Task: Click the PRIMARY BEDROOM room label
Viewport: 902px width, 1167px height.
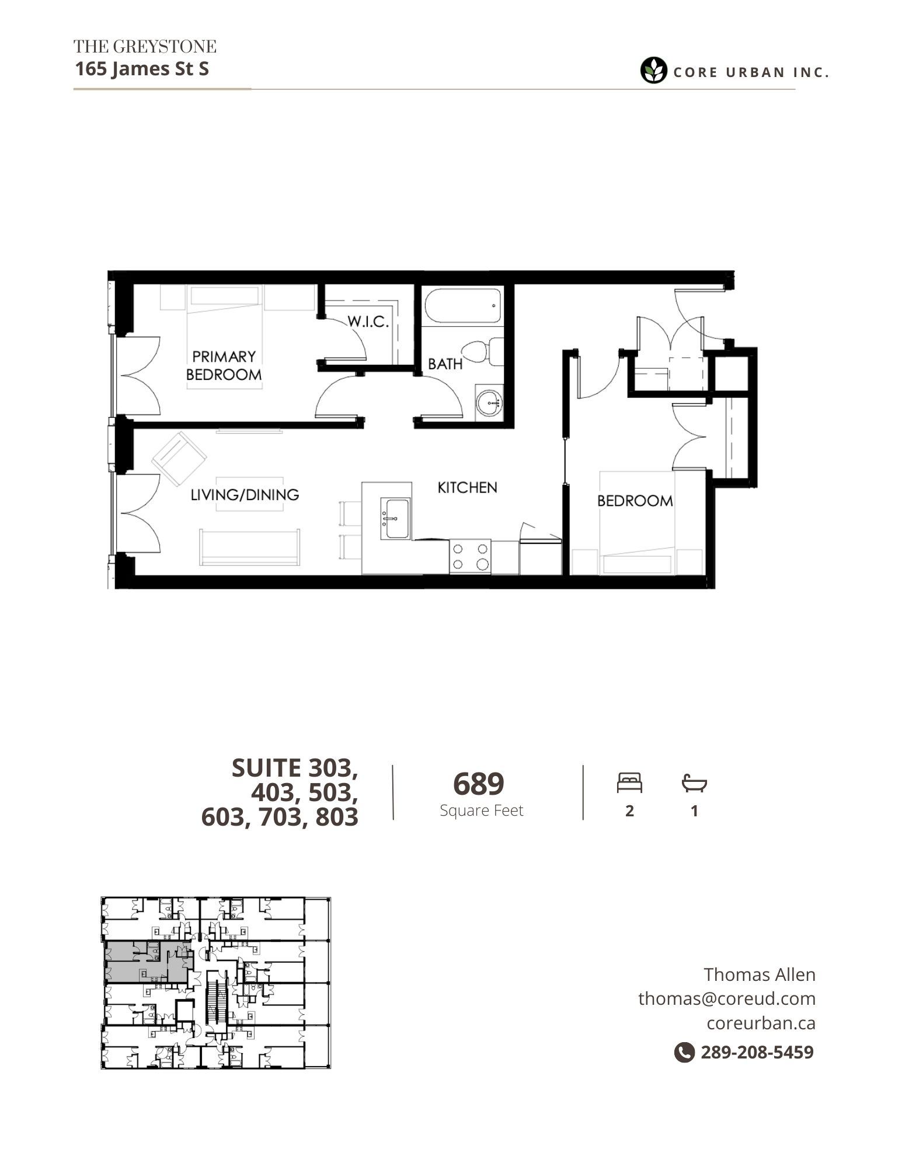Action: [x=224, y=365]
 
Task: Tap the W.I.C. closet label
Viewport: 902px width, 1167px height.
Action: [x=368, y=322]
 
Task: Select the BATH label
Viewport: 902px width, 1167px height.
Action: [x=445, y=364]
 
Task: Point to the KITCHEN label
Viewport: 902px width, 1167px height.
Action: [x=467, y=487]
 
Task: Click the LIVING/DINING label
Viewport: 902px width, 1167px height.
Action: [x=245, y=495]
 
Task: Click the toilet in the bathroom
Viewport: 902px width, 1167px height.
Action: [x=482, y=352]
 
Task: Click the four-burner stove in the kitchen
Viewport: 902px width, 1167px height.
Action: [x=470, y=557]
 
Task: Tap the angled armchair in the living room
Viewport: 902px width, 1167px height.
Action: [x=179, y=459]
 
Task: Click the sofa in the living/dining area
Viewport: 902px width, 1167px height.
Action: [x=250, y=547]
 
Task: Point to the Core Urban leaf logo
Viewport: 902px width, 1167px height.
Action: [x=653, y=71]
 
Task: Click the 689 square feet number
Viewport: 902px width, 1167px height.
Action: [x=478, y=784]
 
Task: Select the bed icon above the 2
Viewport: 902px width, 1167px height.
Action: [x=629, y=782]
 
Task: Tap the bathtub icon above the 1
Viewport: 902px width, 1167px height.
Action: [x=694, y=782]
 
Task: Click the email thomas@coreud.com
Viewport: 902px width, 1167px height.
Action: [x=727, y=998]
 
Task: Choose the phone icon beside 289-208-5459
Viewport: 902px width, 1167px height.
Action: [x=684, y=1052]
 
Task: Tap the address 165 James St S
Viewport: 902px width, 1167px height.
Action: [x=142, y=69]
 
